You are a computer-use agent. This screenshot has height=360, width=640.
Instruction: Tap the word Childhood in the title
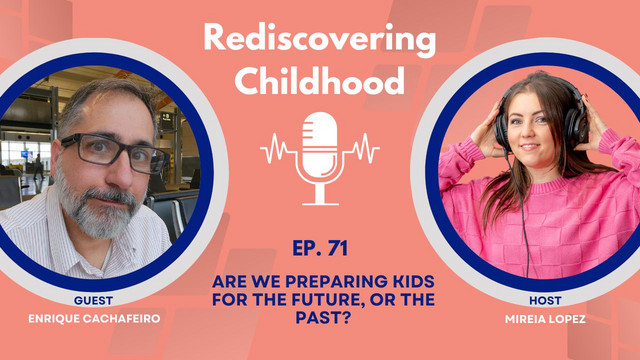[320, 80]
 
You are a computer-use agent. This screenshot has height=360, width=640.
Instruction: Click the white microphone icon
[320, 158]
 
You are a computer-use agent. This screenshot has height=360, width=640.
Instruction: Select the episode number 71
[337, 248]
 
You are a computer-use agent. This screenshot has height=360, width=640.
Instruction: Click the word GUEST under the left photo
[93, 301]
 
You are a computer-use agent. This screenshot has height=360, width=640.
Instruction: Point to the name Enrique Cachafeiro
[94, 319]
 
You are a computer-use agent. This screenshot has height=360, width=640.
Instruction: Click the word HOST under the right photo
[545, 301]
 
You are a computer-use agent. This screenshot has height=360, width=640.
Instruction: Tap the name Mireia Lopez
[545, 319]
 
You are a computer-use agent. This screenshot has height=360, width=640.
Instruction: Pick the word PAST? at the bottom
[323, 318]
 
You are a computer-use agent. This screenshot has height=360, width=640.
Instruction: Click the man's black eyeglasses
[115, 153]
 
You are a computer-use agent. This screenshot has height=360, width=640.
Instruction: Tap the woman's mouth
[529, 147]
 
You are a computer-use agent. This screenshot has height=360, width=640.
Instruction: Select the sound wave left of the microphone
[278, 149]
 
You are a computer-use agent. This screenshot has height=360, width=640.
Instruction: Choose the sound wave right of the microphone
[362, 149]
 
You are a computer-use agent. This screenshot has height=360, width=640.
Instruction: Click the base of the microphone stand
[320, 203]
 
